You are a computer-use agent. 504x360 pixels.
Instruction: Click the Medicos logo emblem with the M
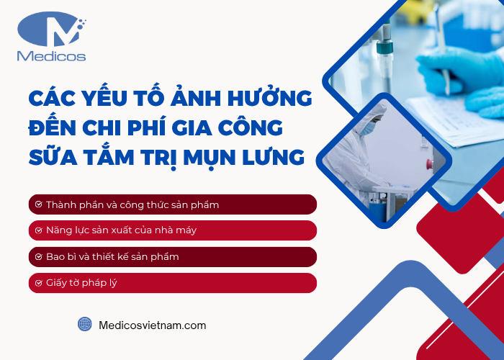click(x=50, y=30)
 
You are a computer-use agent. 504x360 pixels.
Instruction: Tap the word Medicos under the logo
click(x=50, y=57)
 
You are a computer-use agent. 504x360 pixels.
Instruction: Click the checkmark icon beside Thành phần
click(x=38, y=205)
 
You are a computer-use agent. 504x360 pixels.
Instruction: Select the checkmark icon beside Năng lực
click(x=38, y=230)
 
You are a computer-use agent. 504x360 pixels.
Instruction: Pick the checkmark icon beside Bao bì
click(x=38, y=256)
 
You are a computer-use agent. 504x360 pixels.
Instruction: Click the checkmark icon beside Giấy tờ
click(x=38, y=283)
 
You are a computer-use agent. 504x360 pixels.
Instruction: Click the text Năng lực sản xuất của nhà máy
click(x=121, y=230)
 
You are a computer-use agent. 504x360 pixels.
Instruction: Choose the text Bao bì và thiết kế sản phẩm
click(x=112, y=256)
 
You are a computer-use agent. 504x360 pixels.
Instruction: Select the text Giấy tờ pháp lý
click(x=81, y=283)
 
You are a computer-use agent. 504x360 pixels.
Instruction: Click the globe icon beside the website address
click(x=85, y=325)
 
